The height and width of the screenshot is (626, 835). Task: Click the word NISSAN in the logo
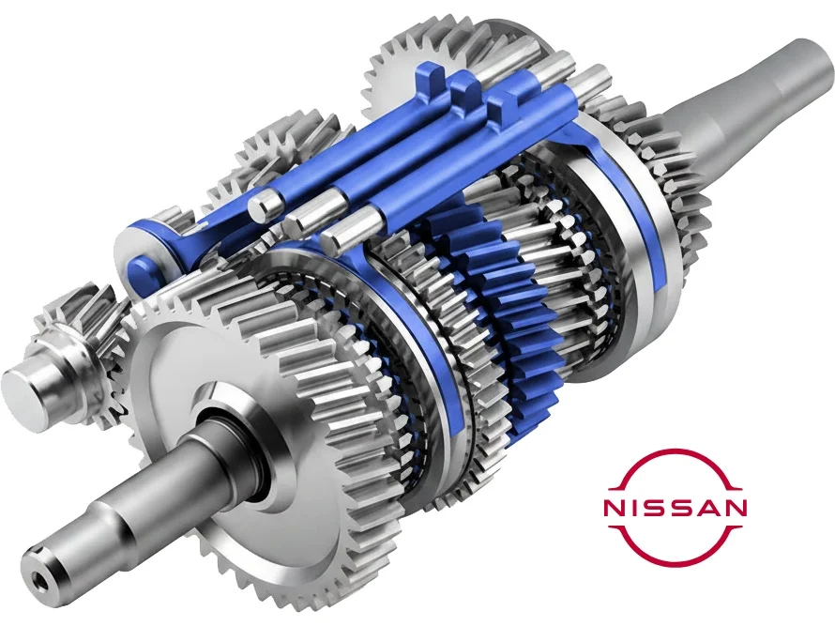coord(675,507)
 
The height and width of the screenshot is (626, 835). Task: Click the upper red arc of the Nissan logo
coord(675,453)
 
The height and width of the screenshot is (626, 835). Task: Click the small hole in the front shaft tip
coord(38,577)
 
